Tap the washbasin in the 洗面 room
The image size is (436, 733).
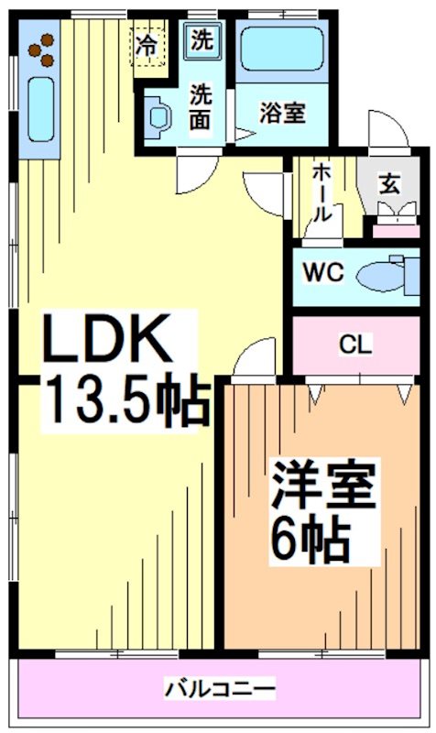pyautogui.click(x=158, y=116)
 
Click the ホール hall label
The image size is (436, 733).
pyautogui.click(x=322, y=192)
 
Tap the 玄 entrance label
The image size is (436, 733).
pyautogui.click(x=390, y=182)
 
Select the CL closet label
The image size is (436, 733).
pyautogui.click(x=354, y=345)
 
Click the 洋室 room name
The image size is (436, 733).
pyautogui.click(x=322, y=487)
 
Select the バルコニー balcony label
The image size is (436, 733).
pyautogui.click(x=219, y=687)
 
